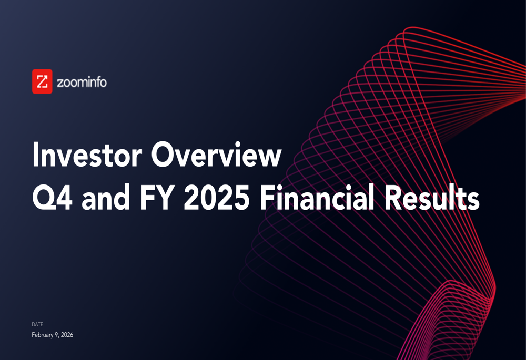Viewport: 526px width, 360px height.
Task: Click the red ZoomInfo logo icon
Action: coord(42,81)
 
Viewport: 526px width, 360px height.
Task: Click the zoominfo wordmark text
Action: coord(82,82)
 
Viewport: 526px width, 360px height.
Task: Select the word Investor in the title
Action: coord(87,155)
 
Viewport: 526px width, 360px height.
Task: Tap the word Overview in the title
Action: coord(216,155)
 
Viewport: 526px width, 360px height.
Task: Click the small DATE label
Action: coord(37,324)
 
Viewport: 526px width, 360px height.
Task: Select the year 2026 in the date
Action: coord(67,335)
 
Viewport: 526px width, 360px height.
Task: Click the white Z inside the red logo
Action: coord(42,81)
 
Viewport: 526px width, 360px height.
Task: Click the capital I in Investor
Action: coord(35,155)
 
